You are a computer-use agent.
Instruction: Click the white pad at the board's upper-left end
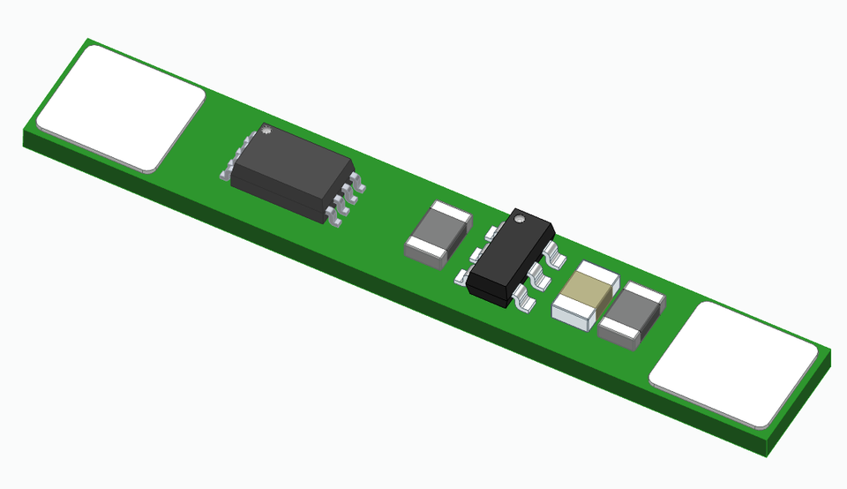[x=121, y=107]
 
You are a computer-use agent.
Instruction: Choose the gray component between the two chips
[x=440, y=233]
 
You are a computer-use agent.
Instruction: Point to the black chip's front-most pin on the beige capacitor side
[x=524, y=302]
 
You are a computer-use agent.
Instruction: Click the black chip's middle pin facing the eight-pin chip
[x=476, y=255]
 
